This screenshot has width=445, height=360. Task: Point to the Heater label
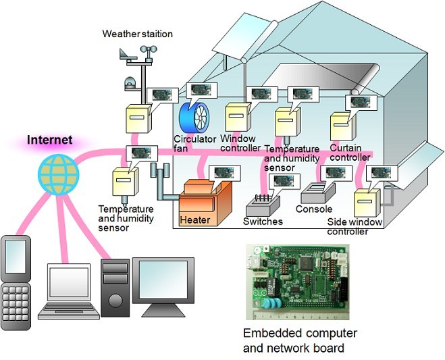click(195, 220)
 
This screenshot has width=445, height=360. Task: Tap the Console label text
click(314, 209)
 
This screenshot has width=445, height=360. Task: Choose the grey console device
click(317, 193)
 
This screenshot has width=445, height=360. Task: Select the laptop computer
click(69, 290)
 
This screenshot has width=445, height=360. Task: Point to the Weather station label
click(138, 34)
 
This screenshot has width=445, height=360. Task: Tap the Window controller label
click(240, 143)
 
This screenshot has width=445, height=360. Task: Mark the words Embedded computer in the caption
click(300, 334)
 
